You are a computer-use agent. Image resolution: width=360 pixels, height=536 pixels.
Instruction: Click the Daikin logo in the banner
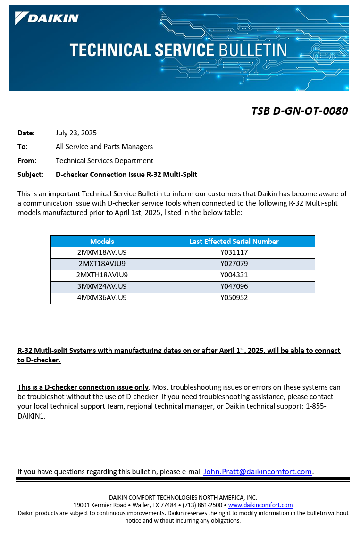pyautogui.click(x=47, y=18)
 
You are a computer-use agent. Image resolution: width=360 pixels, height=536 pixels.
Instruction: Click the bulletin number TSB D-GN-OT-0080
pyautogui.click(x=299, y=111)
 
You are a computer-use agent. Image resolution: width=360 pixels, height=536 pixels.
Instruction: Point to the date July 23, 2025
pyautogui.click(x=76, y=133)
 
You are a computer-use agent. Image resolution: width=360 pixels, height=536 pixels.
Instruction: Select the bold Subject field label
pyautogui.click(x=30, y=175)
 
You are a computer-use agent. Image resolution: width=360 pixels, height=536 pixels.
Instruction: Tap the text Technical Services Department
pyautogui.click(x=104, y=161)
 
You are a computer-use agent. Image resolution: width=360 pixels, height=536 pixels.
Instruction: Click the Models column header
pyautogui.click(x=102, y=242)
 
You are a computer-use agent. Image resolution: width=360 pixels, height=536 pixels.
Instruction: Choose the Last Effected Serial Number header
pyautogui.click(x=234, y=242)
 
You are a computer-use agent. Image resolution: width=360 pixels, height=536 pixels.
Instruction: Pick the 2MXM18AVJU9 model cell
pyautogui.click(x=102, y=252)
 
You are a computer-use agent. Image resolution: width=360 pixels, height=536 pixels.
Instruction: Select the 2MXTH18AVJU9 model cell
pyautogui.click(x=102, y=275)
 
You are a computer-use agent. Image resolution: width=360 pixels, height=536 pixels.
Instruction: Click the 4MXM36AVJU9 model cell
pyautogui.click(x=102, y=298)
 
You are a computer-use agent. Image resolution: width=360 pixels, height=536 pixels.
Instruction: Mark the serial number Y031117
pyautogui.click(x=234, y=252)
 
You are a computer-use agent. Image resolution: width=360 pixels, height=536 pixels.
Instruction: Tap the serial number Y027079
pyautogui.click(x=234, y=264)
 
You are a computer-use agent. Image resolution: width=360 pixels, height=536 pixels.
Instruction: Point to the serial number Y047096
pyautogui.click(x=234, y=286)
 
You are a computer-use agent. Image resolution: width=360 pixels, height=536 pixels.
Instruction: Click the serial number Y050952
pyautogui.click(x=234, y=298)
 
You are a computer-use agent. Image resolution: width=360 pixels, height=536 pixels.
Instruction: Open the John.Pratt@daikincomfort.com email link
pyautogui.click(x=258, y=471)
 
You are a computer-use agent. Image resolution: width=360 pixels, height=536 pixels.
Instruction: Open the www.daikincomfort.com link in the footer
pyautogui.click(x=260, y=505)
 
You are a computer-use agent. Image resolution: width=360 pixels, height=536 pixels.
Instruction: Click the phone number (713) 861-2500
pyautogui.click(x=202, y=505)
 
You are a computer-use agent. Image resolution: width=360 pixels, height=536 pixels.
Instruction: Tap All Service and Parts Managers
pyautogui.click(x=104, y=147)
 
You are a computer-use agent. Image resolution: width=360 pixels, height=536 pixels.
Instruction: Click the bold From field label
pyautogui.click(x=26, y=161)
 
